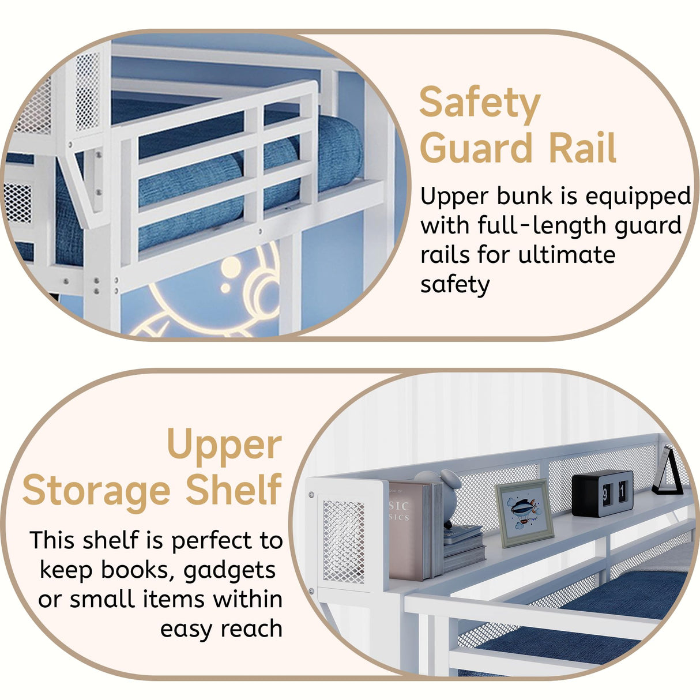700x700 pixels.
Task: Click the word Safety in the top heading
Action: click(480, 104)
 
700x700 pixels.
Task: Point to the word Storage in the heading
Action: click(96, 491)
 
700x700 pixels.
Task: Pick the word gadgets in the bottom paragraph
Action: click(229, 570)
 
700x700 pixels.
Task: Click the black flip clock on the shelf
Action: click(602, 494)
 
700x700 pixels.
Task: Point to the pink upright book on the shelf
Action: click(407, 531)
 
